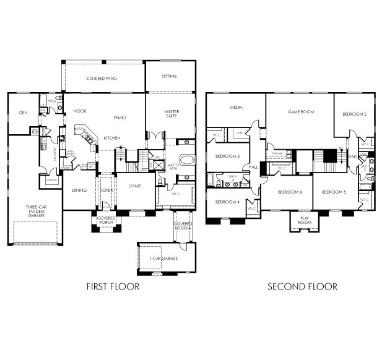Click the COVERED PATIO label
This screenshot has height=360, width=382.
[103, 79]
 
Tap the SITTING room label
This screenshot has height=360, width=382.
[169, 76]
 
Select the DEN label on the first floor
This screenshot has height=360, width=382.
[23, 113]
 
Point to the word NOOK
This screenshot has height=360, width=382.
[79, 111]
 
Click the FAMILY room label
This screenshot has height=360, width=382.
[119, 117]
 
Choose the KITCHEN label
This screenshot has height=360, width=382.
[112, 137]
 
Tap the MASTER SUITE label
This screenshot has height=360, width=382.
[171, 114]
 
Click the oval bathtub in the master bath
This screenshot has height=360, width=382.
[186, 159]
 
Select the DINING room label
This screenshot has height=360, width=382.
[79, 191]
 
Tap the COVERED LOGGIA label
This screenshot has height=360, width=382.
[183, 225]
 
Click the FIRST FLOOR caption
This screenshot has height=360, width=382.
[113, 286]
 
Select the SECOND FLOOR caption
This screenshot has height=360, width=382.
[302, 286]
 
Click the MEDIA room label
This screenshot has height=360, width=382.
[236, 106]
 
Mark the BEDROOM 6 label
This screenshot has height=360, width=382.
[290, 192]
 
